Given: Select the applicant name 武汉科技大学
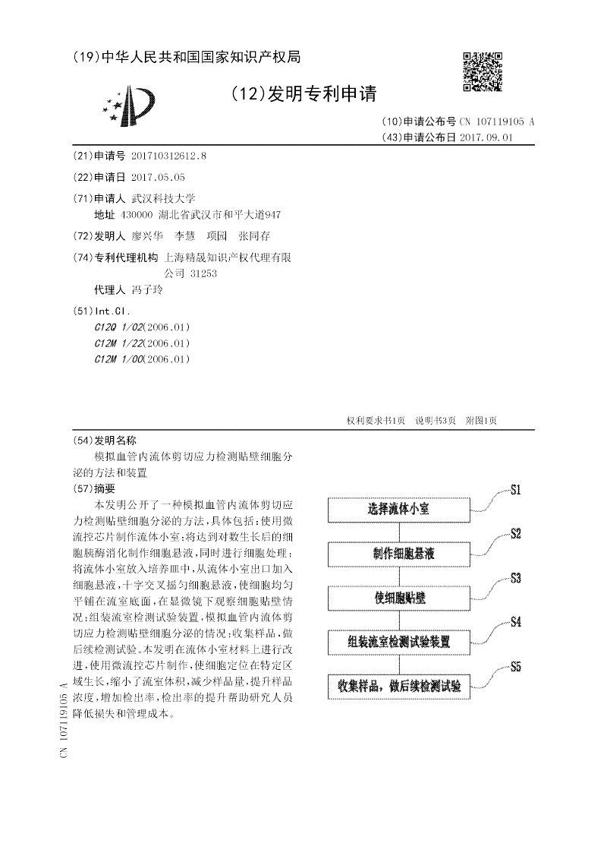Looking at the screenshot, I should point(164,197).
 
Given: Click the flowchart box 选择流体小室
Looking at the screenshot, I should point(398,509).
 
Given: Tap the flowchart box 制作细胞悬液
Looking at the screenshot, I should point(398,554).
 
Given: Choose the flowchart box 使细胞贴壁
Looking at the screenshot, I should point(398,598).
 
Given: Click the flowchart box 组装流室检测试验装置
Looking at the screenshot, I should point(398,643).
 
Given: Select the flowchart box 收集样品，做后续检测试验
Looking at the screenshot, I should point(398,687).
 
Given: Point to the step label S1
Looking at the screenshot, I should point(515,491).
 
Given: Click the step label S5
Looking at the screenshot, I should point(515,668).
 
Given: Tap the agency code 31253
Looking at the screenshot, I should point(203,273).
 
